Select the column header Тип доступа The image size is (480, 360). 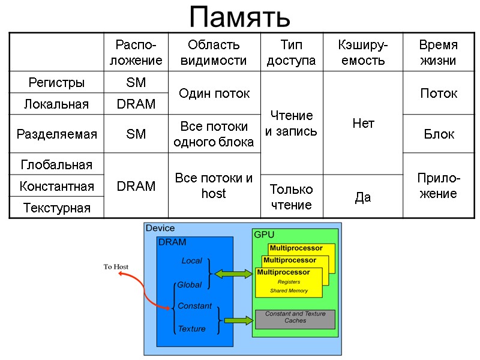291,52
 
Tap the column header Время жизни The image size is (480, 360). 437,52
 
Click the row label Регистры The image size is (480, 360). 57,82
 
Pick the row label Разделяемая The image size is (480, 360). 57,134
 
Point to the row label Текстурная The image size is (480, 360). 57,208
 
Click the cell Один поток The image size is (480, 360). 214,93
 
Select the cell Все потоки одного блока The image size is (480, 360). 214,134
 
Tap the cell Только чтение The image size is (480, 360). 291,197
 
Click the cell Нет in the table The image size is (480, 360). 363,123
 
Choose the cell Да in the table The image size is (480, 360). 363,197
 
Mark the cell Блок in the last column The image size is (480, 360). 439,134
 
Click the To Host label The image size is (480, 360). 116,267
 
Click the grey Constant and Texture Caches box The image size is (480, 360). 295,319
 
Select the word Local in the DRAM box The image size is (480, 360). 192,261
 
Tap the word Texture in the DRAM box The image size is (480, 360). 191,329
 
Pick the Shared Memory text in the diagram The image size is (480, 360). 289,291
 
